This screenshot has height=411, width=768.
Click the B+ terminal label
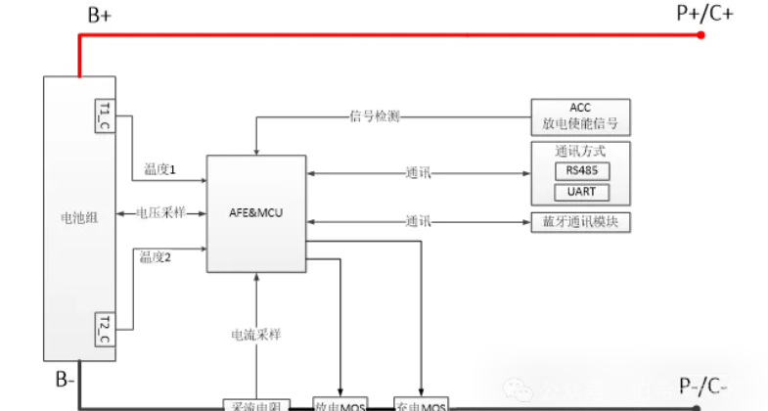[x=99, y=16]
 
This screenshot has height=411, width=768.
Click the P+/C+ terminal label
[x=704, y=14]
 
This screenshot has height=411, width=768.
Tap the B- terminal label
[x=65, y=380]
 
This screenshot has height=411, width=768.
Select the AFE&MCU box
[x=256, y=213]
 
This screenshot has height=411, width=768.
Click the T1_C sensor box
[x=104, y=115]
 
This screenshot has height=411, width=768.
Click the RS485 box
[x=580, y=169]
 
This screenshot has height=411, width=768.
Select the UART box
[x=580, y=192]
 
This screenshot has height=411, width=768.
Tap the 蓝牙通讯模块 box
[x=580, y=222]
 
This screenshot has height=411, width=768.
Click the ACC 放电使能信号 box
[x=580, y=116]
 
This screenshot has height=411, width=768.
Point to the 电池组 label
[x=78, y=217]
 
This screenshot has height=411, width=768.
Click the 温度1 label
[x=158, y=169]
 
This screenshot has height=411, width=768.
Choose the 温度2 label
[x=156, y=257]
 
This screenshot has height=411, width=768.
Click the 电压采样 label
[x=160, y=212]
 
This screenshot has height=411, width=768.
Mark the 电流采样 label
[x=256, y=335]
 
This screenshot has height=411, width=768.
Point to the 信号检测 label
[x=375, y=115]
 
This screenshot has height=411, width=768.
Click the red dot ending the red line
[x=701, y=35]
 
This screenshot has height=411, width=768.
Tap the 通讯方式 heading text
[x=580, y=152]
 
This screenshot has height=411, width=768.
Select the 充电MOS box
[x=421, y=405]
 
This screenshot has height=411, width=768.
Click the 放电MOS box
[x=339, y=405]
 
